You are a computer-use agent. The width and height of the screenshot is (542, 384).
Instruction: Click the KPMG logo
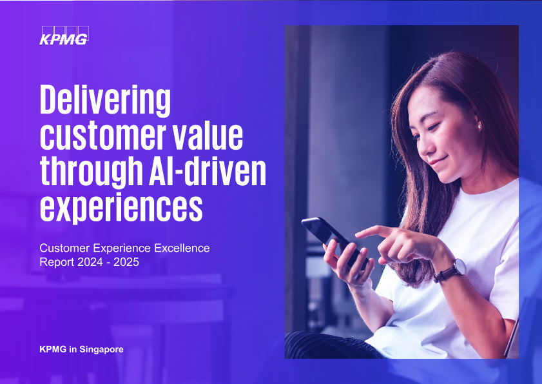[x=64, y=35]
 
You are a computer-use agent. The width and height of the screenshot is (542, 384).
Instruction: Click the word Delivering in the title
[x=106, y=99]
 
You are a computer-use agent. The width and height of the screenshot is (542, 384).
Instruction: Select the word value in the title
[x=208, y=136]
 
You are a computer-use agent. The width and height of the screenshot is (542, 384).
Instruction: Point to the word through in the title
[x=92, y=172]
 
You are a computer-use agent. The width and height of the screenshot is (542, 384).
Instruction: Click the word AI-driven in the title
[x=208, y=171]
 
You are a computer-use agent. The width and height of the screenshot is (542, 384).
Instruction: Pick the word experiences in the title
[x=121, y=208]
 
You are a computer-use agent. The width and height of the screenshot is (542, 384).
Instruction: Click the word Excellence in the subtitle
[x=182, y=248]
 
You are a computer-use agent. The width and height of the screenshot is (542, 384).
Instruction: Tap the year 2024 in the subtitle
[x=90, y=262]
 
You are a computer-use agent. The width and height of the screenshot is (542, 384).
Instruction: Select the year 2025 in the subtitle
[x=126, y=262]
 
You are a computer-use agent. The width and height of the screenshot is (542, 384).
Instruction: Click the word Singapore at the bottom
[x=101, y=349]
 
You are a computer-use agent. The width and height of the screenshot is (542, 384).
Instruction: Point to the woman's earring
[x=479, y=126]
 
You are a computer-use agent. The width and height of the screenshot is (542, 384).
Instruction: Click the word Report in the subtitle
[x=57, y=262]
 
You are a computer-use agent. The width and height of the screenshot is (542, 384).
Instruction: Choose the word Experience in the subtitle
[x=122, y=248]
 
